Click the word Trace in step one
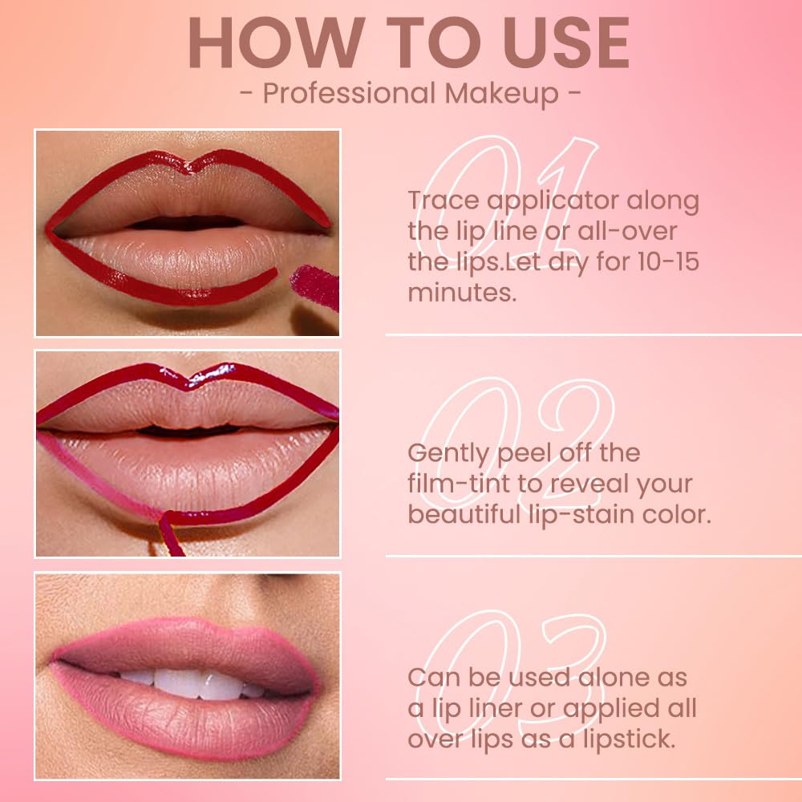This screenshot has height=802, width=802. [444, 200]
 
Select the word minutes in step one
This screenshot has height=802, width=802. [461, 292]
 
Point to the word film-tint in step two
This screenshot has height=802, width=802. [454, 484]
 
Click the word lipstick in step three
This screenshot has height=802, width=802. [629, 739]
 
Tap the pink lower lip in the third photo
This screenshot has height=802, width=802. [184, 726]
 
